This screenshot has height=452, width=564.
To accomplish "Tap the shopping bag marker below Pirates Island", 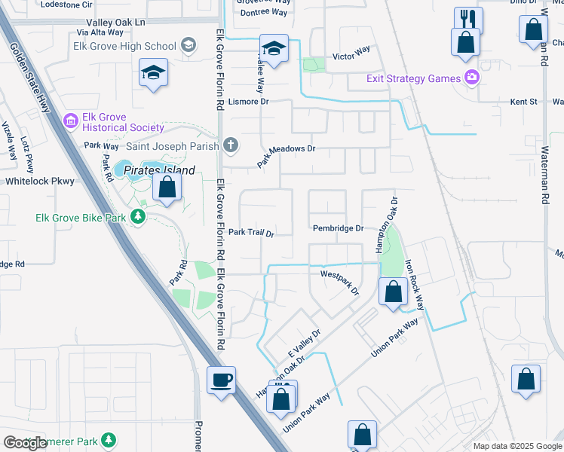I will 167,187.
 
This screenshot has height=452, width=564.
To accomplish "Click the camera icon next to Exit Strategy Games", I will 472,77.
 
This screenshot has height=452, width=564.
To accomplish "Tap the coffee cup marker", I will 222,380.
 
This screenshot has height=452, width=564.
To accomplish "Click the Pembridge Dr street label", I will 339,228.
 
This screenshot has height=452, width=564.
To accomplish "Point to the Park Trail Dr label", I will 251,234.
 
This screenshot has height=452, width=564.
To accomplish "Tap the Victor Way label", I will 351,54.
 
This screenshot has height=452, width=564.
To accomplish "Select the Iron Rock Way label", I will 415,285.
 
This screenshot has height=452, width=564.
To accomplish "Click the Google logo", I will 25,443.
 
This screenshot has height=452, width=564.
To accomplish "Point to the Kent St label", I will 523,101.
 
